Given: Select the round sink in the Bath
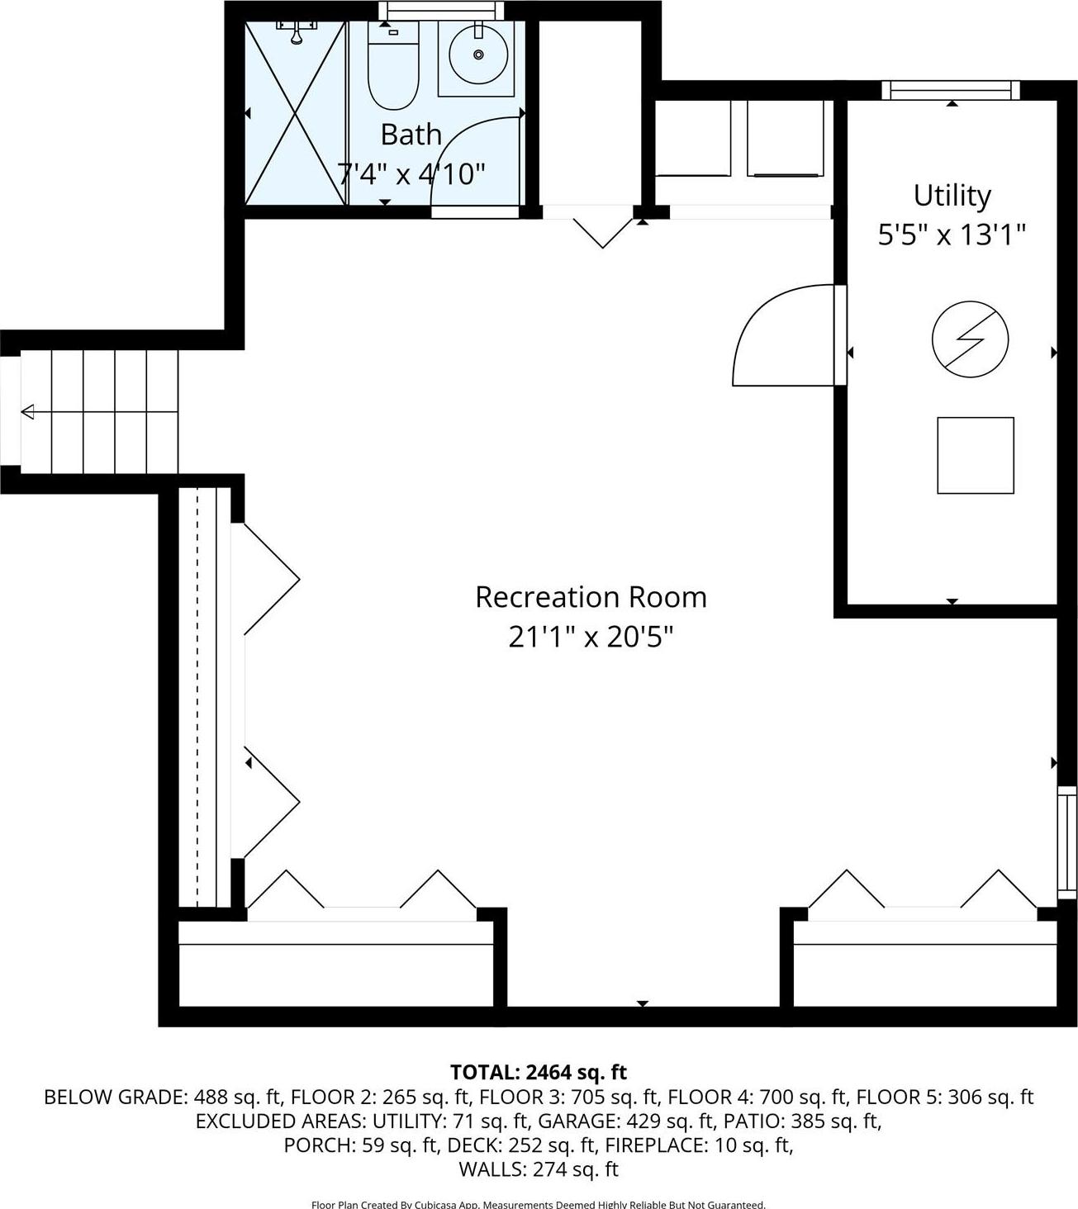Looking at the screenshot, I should [x=478, y=55].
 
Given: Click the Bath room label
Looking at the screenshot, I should [x=411, y=134].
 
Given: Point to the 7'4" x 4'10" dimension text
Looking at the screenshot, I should [x=411, y=173].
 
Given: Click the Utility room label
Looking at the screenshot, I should [x=952, y=196].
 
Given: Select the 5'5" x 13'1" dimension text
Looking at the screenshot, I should [x=952, y=235].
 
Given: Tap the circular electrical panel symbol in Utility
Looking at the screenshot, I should [x=970, y=339].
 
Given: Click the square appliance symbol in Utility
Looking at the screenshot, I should [x=975, y=455].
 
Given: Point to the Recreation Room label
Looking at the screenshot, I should [x=591, y=597].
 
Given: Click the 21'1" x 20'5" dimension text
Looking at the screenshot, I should [x=591, y=637].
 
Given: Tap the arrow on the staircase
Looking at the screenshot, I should [x=29, y=411].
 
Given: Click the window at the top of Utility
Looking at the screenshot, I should [x=950, y=90].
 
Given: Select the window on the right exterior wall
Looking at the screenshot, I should [x=1067, y=842].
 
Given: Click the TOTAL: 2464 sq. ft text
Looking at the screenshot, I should [x=539, y=1072].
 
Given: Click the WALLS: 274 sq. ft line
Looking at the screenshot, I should [x=539, y=1169].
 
